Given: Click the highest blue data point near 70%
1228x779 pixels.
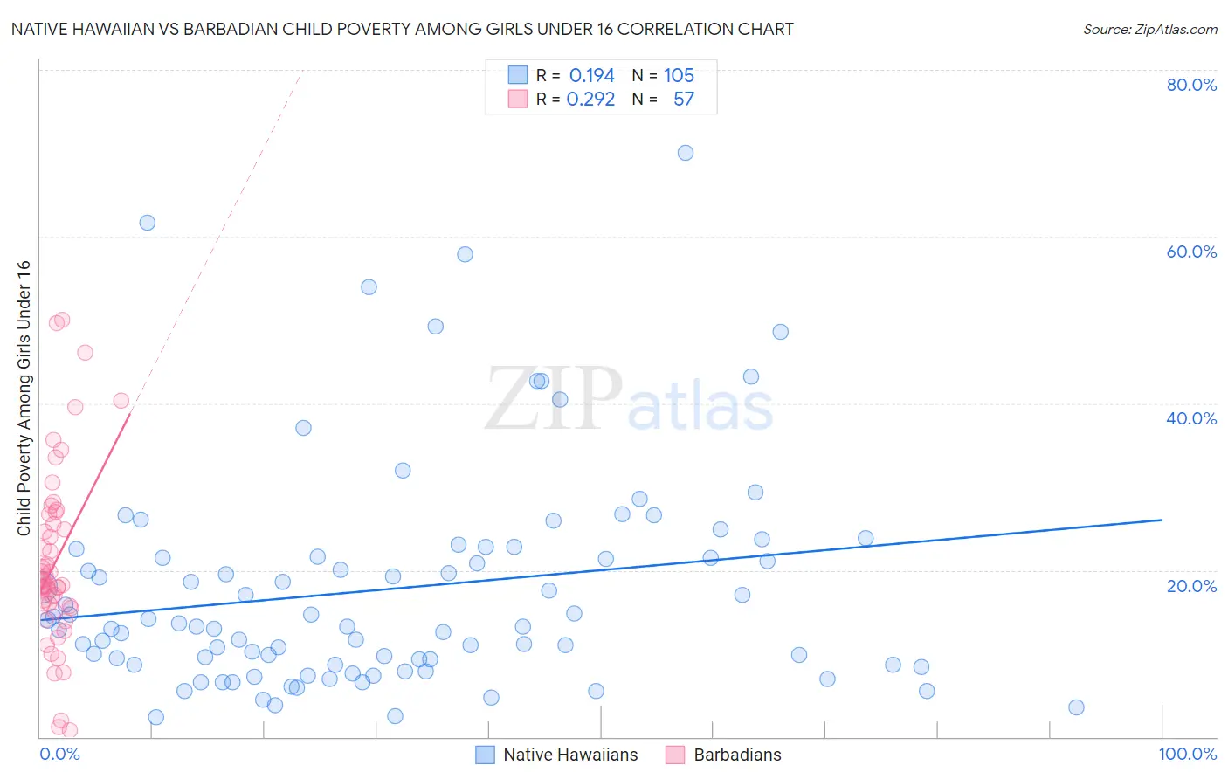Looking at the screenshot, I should tap(686, 153).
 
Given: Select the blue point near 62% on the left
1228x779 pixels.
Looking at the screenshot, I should tap(148, 223).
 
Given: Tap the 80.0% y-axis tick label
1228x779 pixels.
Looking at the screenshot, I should tap(1191, 85).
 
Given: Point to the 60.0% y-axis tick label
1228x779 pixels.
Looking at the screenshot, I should tap(1191, 252).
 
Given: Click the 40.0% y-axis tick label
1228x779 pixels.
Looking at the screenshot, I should tap(1191, 418).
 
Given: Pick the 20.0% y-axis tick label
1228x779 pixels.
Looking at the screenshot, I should tap(1191, 586).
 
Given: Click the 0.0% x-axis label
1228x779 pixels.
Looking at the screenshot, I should tap(59, 754).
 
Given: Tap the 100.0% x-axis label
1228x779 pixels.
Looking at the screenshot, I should tap(1187, 754).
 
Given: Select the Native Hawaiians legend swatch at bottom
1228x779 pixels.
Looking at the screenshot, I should tap(486, 755).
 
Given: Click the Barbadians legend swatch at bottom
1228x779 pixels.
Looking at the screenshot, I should tap(675, 755).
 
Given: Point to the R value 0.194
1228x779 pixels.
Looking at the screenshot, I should tap(591, 76).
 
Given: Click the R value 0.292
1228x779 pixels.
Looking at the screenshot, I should tap(590, 100).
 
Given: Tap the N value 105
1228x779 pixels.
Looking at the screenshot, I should tap(679, 76).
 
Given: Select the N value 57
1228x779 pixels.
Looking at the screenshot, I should tap(683, 100).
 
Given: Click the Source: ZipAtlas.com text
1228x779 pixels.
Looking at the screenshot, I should tap(1149, 30).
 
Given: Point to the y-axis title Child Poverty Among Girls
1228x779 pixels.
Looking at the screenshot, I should tap(24, 398).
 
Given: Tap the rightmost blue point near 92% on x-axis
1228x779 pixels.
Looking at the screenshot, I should tap(1076, 707).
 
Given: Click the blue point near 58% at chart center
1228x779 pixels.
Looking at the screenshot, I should tap(465, 254).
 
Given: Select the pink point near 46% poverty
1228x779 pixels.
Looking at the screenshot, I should tap(85, 353).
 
